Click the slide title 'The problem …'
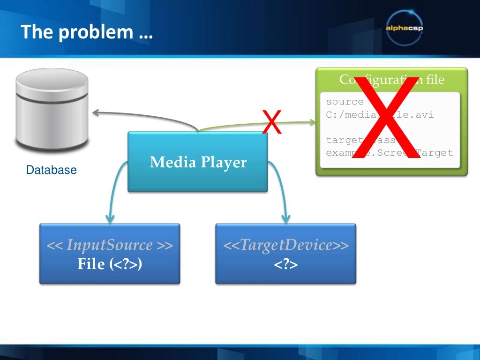87,32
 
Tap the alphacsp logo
404,27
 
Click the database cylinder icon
52,108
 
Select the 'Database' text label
51,170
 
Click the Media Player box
197,162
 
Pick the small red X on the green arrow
272,122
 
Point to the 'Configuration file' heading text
391,80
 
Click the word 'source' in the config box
345,102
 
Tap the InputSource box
109,254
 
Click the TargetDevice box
285,254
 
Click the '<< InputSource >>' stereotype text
109,245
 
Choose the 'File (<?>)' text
109,264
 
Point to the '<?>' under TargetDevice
285,264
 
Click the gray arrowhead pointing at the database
96,112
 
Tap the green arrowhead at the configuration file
313,122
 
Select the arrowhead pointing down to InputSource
110,218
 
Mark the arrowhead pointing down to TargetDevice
285,218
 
